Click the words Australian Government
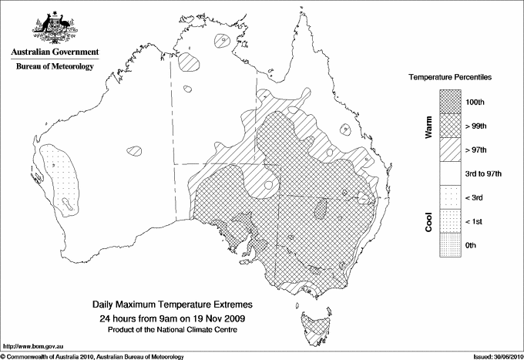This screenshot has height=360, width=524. [55, 52]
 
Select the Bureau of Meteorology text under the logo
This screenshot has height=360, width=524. [55, 67]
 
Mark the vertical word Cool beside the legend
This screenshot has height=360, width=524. [428, 220]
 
